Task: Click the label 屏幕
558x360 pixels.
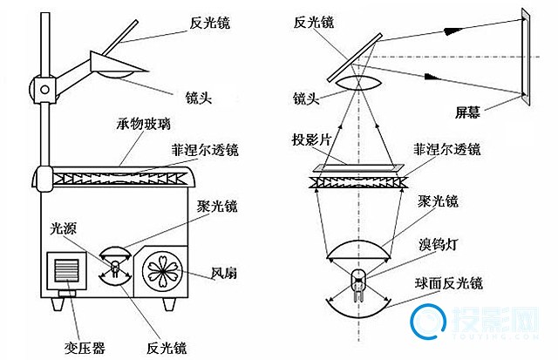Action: [x=467, y=112]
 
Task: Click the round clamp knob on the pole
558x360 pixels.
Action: [x=43, y=86]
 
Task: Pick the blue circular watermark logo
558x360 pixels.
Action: [x=425, y=323]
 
